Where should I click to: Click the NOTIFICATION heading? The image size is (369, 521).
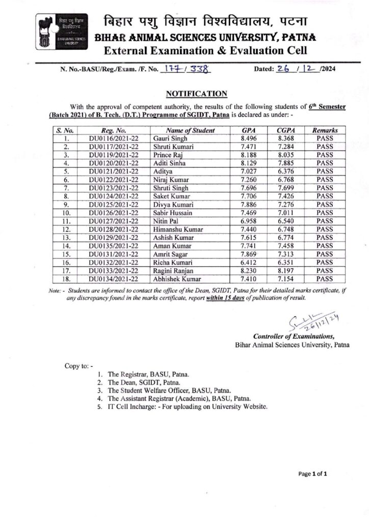[x=196, y=94]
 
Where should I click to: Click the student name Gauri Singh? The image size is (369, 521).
[x=170, y=138]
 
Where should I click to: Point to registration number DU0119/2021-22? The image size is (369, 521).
[x=114, y=155]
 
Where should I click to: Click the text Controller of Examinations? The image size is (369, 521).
[x=294, y=336]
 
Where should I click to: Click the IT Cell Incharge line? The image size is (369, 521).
[x=188, y=407]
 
